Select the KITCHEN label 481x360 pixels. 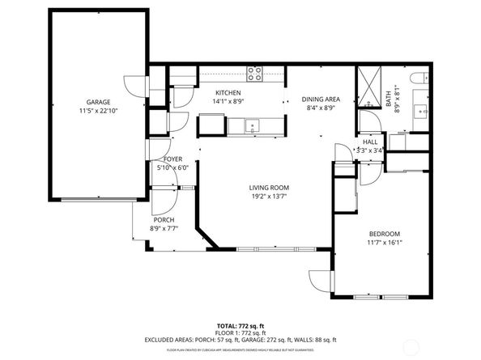(x=228, y=93)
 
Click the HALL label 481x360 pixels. (x=370, y=142)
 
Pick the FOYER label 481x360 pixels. (x=172, y=159)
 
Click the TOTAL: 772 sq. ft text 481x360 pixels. (x=240, y=324)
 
